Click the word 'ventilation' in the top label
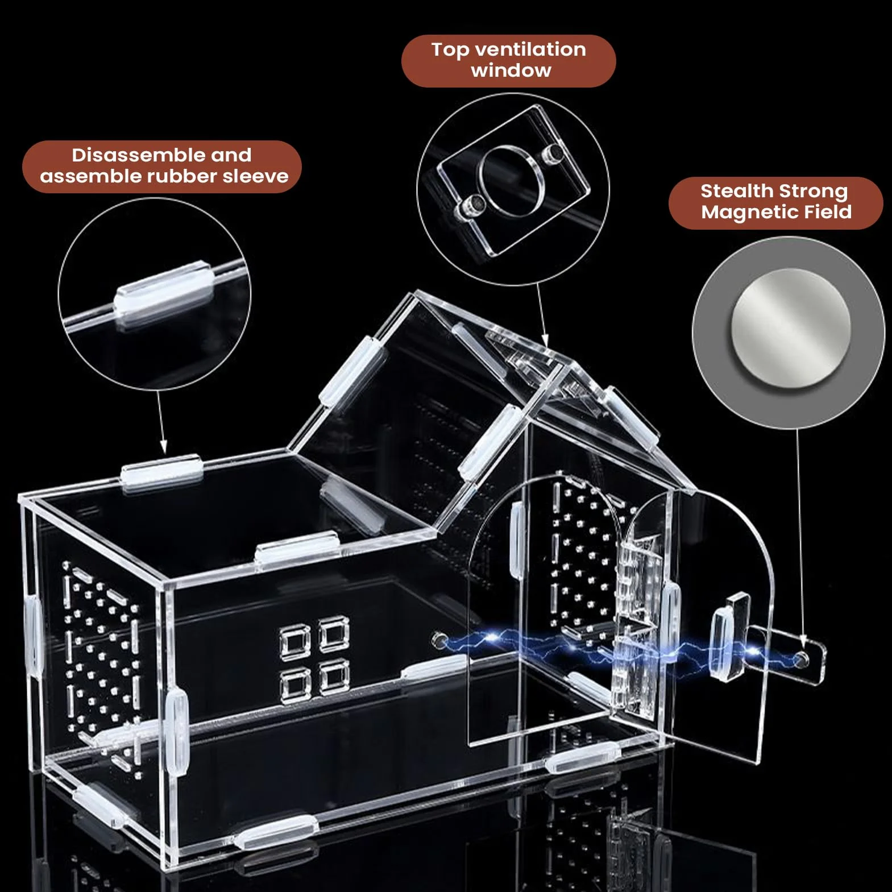pos(530,49)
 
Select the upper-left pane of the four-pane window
pos(295,640)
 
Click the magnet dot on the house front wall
pos(439,640)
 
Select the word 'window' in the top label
pos(511,70)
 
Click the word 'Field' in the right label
pos(819,212)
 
